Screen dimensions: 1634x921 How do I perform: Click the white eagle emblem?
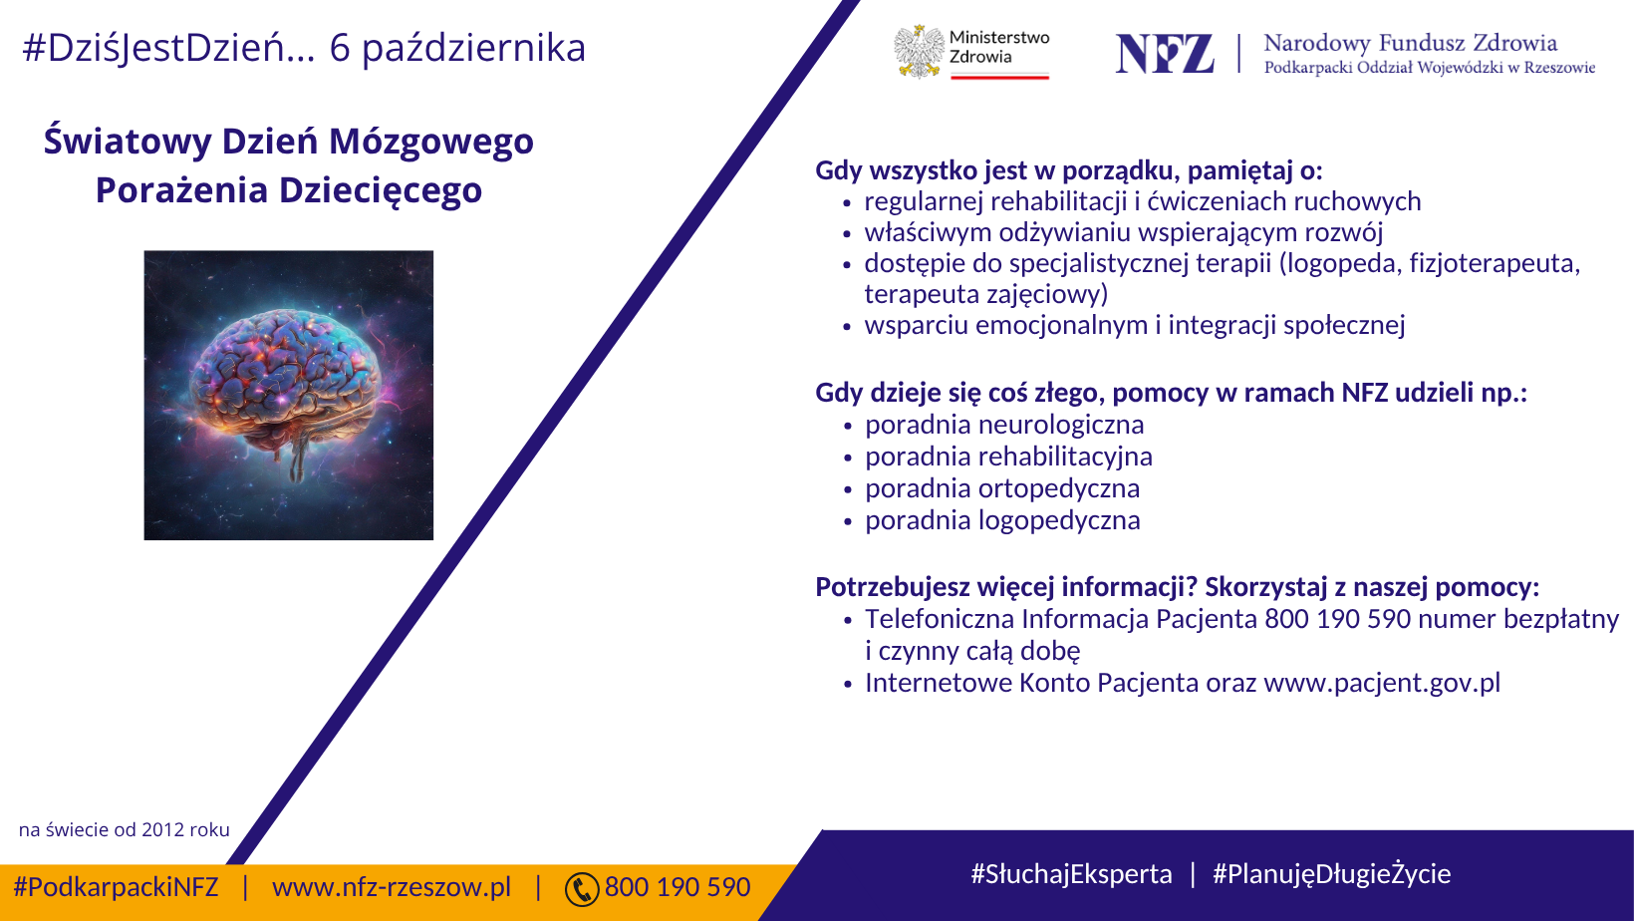pos(919,51)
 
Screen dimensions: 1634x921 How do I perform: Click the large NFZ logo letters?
pos(1165,53)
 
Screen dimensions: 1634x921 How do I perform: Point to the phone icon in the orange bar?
pos(582,890)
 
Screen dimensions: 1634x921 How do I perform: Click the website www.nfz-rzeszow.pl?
pos(392,887)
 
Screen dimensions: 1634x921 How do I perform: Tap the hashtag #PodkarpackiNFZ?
pos(116,887)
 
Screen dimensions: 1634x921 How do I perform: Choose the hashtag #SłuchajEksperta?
pos(1072,874)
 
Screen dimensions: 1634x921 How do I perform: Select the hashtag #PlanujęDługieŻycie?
pos(1332,874)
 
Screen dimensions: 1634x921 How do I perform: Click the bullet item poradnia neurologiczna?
pos(1004,425)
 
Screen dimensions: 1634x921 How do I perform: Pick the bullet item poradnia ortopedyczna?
pos(1002,489)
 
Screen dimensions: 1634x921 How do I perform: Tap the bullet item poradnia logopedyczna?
pos(1002,521)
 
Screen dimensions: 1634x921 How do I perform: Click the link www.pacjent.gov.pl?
pos(1382,684)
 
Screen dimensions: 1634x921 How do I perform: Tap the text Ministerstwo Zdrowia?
pos(999,47)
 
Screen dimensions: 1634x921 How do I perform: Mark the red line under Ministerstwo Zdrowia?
pos(1000,76)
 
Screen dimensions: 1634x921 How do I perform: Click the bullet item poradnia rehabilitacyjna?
pos(1009,457)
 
